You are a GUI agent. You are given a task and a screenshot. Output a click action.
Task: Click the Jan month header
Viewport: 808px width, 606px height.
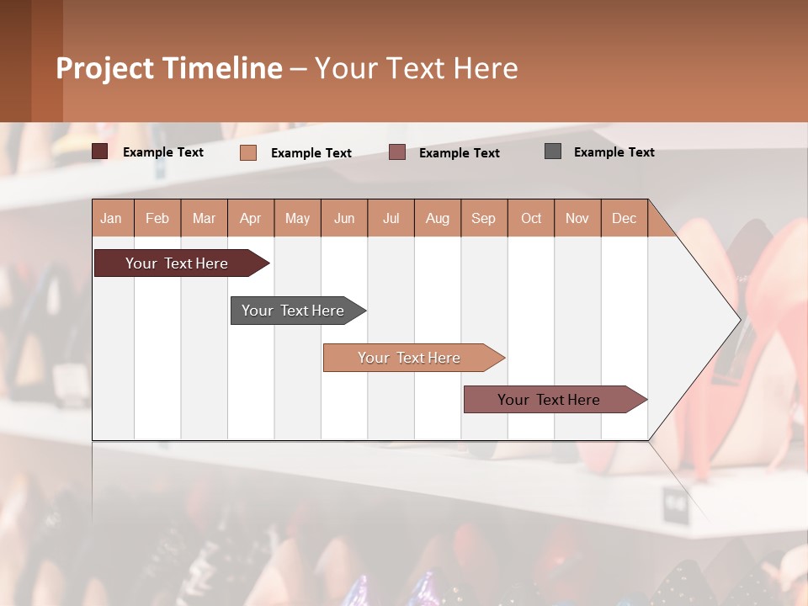coord(112,218)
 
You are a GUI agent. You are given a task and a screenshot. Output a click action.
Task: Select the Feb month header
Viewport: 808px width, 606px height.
coord(157,218)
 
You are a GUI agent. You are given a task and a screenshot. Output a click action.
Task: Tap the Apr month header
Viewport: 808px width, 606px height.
coord(250,218)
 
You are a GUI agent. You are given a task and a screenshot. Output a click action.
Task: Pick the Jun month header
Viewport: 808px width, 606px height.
coord(344,218)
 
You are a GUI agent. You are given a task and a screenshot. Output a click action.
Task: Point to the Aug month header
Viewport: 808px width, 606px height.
coord(437,218)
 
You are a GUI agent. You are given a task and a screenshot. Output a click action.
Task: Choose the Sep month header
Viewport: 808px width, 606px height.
coord(483,218)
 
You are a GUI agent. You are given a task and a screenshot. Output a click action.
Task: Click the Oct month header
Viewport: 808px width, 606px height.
coord(531,218)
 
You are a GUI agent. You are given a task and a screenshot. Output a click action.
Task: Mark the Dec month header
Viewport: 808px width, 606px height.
coord(624,218)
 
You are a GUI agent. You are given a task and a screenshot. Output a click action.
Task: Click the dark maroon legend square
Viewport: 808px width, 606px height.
coord(99,151)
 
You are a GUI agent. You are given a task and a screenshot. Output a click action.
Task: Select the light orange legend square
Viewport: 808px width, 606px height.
coord(248,152)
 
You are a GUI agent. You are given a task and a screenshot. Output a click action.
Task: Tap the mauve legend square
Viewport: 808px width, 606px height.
coord(397,152)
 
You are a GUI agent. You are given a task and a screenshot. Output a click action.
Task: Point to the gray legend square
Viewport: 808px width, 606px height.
coord(553,151)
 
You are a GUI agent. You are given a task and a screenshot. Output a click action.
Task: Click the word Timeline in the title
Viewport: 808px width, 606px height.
coord(221,68)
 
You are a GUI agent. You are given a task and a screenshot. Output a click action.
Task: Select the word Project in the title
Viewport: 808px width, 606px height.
coord(104,68)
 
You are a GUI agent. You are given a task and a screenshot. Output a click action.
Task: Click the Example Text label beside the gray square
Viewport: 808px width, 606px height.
coord(614,152)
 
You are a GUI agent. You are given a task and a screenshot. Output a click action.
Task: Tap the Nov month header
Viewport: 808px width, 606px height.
coord(577,218)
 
